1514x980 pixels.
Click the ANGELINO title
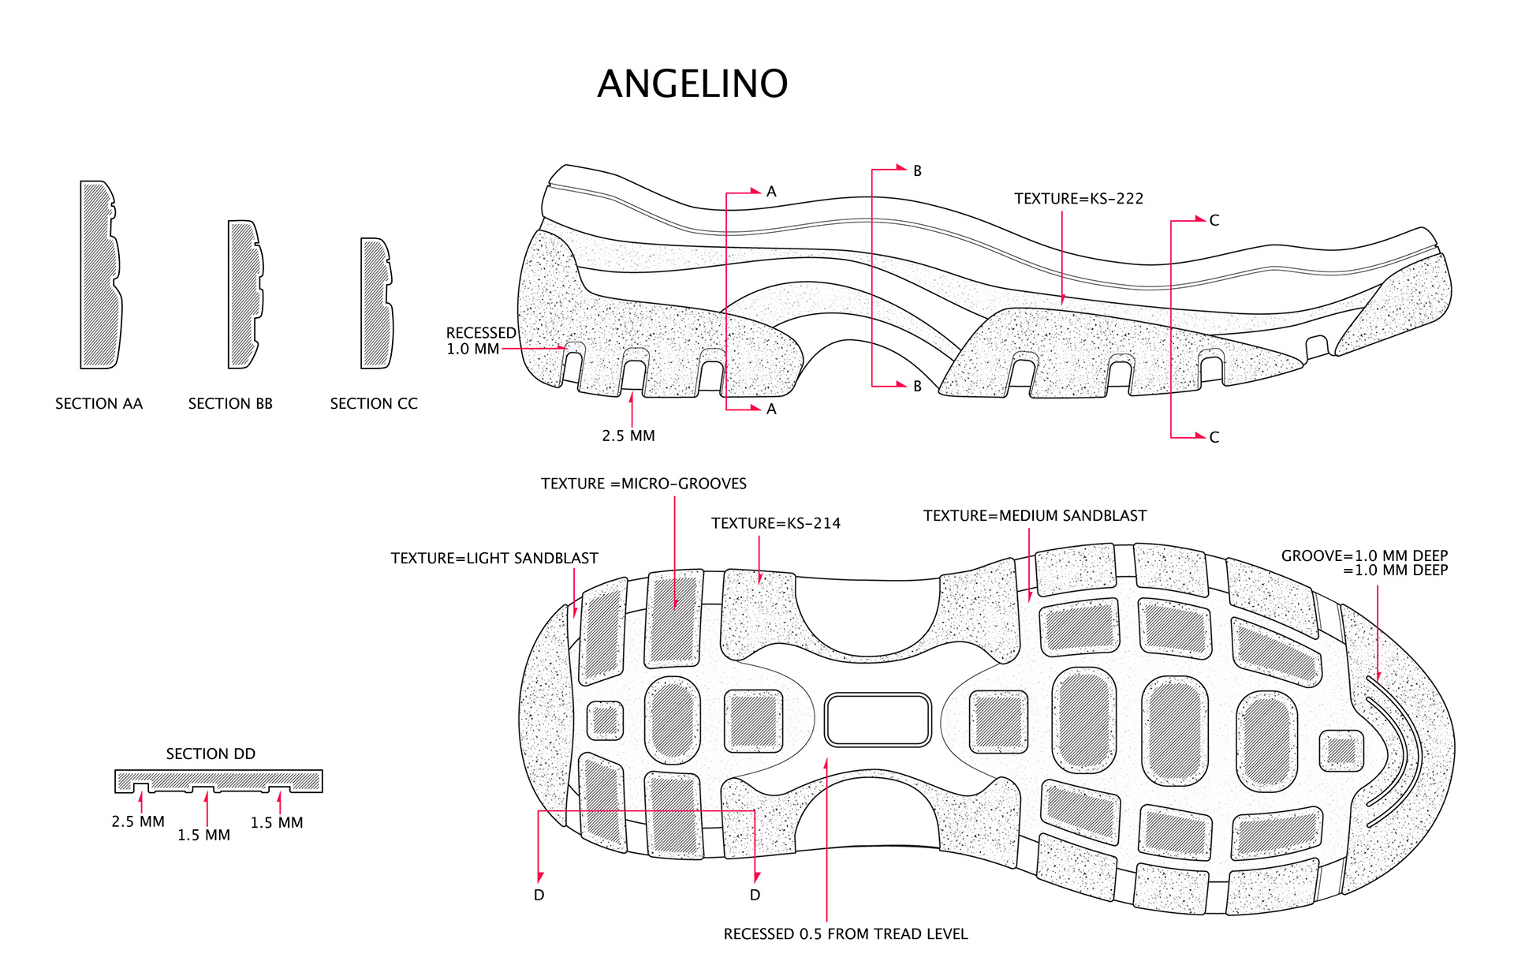pyautogui.click(x=692, y=84)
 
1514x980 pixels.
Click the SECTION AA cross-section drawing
pyautogui.click(x=100, y=275)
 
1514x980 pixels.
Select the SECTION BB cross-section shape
pyautogui.click(x=244, y=294)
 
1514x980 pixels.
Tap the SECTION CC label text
pyautogui.click(x=373, y=404)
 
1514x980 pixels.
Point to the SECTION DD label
pyautogui.click(x=211, y=754)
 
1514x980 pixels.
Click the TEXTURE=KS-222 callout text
pyautogui.click(x=1078, y=199)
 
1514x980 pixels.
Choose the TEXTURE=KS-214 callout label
pyautogui.click(x=775, y=523)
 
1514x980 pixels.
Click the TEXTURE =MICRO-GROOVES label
pyautogui.click(x=643, y=484)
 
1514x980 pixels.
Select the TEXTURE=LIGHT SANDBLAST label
pyautogui.click(x=494, y=559)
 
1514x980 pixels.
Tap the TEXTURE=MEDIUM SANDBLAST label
pyautogui.click(x=1035, y=516)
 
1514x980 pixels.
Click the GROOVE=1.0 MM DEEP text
pyautogui.click(x=1364, y=556)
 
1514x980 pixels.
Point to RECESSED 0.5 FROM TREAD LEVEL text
pyautogui.click(x=845, y=934)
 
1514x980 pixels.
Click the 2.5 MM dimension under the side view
pyautogui.click(x=628, y=436)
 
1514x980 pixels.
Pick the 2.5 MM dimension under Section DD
pyautogui.click(x=138, y=821)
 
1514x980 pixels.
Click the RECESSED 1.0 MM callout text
pyautogui.click(x=480, y=341)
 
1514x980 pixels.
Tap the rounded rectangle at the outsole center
pyautogui.click(x=878, y=720)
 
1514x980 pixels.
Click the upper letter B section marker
pyautogui.click(x=917, y=171)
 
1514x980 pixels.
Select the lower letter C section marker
pyautogui.click(x=1214, y=437)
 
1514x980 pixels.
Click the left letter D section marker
pyautogui.click(x=539, y=895)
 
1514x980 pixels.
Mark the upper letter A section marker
pyautogui.click(x=771, y=192)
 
